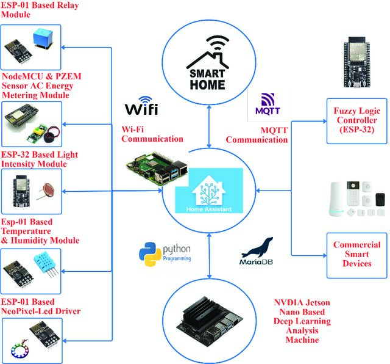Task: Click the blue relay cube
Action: tap(43, 38)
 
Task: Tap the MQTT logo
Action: tap(268, 104)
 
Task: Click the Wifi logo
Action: tap(141, 106)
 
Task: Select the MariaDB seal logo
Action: tap(257, 251)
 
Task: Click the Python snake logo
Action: tap(150, 254)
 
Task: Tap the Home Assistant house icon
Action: tap(209, 191)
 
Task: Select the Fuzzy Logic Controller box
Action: tap(357, 121)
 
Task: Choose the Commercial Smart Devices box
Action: tap(357, 255)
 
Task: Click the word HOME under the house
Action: tap(207, 85)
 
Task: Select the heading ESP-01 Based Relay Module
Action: tap(40, 10)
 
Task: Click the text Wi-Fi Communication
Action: tap(152, 134)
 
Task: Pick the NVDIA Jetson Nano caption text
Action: tap(302, 321)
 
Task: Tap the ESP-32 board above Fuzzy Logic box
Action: tap(356, 62)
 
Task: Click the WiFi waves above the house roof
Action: tap(218, 42)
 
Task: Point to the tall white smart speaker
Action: tap(337, 198)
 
